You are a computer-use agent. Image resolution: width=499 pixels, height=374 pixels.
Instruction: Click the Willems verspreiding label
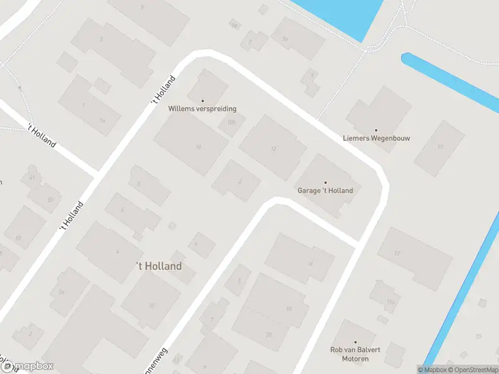(202, 108)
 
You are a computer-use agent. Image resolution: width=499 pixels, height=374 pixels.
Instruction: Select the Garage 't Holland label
(325, 191)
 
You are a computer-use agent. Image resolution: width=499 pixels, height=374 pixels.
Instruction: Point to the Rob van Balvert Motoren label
(355, 354)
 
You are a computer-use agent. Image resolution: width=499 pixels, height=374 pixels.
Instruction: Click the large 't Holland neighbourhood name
(159, 266)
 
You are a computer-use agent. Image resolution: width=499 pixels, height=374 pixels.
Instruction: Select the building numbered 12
(273, 148)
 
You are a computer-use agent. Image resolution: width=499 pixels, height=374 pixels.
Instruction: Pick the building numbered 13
(440, 146)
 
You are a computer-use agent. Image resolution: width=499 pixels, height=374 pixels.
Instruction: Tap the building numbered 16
(310, 263)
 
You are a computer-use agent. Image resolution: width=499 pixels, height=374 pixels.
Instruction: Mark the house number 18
(288, 309)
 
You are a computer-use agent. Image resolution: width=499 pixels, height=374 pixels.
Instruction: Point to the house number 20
(269, 335)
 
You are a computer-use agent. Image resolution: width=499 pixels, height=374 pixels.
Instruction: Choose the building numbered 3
(101, 39)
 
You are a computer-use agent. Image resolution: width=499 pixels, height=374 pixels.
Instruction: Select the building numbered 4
(117, 251)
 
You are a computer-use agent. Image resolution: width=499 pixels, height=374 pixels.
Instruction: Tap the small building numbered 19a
(391, 302)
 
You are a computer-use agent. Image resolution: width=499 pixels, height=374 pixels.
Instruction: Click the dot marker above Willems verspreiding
(202, 100)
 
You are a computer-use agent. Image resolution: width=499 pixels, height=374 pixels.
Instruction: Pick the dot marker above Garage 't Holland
(325, 183)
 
